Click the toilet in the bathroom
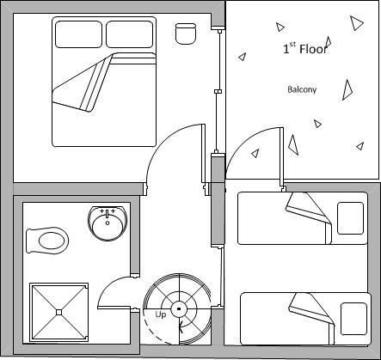(47, 241)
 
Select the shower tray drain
(58, 312)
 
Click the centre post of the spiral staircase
(179, 308)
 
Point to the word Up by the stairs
(161, 314)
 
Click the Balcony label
(302, 89)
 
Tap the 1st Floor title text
(305, 48)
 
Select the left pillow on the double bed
(78, 34)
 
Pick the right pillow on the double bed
(129, 34)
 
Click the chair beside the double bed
(186, 34)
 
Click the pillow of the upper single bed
(350, 218)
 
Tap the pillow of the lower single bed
(353, 319)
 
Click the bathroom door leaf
(114, 308)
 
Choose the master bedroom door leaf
(203, 153)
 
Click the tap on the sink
(108, 214)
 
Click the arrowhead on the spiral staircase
(181, 326)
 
